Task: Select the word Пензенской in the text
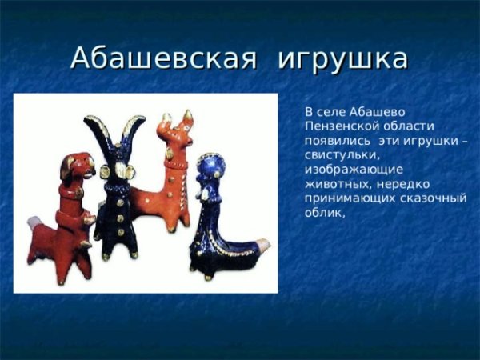coord(339,126)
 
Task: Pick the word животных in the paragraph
coord(334,184)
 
